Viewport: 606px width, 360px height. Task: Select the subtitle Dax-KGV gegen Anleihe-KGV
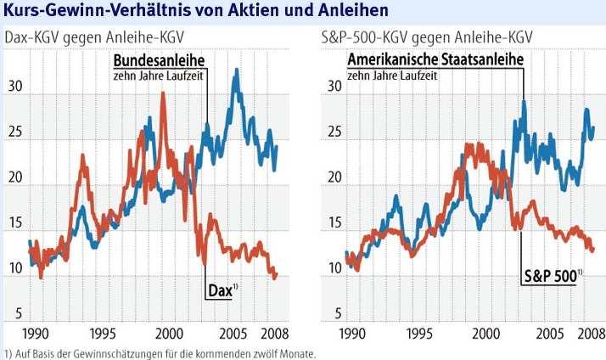tap(96, 39)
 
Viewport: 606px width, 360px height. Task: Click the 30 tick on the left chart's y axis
tap(15, 87)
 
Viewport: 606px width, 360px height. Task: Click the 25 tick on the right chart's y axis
tap(334, 133)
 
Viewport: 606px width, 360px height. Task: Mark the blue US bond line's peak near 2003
tap(524, 101)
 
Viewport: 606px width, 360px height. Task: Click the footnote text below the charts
tap(160, 354)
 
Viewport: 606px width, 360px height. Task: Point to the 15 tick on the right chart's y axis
tap(334, 223)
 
